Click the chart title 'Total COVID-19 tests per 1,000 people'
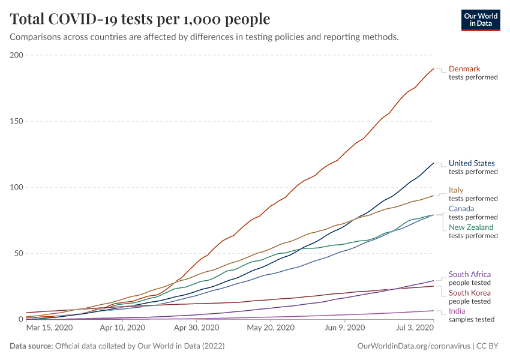[140, 19]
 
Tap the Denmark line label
[464, 68]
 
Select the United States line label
[472, 163]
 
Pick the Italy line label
[456, 190]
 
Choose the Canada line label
[461, 209]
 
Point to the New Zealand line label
[471, 227]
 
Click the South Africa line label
[470, 274]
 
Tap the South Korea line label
[470, 293]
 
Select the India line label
[457, 311]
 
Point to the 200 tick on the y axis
[16, 55]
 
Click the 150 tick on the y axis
[16, 121]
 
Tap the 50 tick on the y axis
[18, 253]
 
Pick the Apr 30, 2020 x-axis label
[196, 328]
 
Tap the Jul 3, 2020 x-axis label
[415, 328]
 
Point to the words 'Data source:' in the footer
[30, 346]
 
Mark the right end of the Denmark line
[433, 68]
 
